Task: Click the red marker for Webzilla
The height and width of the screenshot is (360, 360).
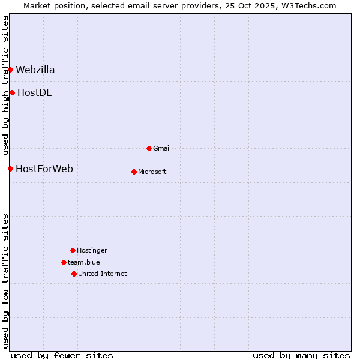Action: coord(10,70)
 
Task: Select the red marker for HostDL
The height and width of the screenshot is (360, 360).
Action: coord(12,92)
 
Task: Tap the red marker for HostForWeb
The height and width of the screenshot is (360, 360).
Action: coord(10,169)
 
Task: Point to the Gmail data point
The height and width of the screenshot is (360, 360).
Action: coord(149,148)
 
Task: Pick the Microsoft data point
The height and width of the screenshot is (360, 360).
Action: coord(134,172)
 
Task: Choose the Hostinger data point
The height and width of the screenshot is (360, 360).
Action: coord(73,250)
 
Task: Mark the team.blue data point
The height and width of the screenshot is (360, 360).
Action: coord(64,262)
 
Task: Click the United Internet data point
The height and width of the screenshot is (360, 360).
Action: coord(74,274)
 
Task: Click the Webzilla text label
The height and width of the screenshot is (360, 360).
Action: coord(35,70)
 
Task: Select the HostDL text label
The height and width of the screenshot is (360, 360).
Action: coord(34,92)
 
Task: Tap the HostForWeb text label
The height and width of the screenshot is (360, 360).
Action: coord(44,169)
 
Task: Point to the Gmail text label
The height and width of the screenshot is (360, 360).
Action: coord(162,148)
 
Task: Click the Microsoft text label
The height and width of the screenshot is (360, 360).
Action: coord(152,172)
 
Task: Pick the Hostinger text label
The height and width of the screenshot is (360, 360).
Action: coord(92,250)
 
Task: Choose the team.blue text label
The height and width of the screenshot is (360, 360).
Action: coord(84,262)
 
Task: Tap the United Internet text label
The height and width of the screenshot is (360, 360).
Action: coord(103,274)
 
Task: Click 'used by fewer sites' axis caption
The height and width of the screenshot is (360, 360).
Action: coord(62,355)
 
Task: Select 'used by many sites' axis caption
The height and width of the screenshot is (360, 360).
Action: coord(301,355)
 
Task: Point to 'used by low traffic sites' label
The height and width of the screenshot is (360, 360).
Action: coord(5,281)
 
